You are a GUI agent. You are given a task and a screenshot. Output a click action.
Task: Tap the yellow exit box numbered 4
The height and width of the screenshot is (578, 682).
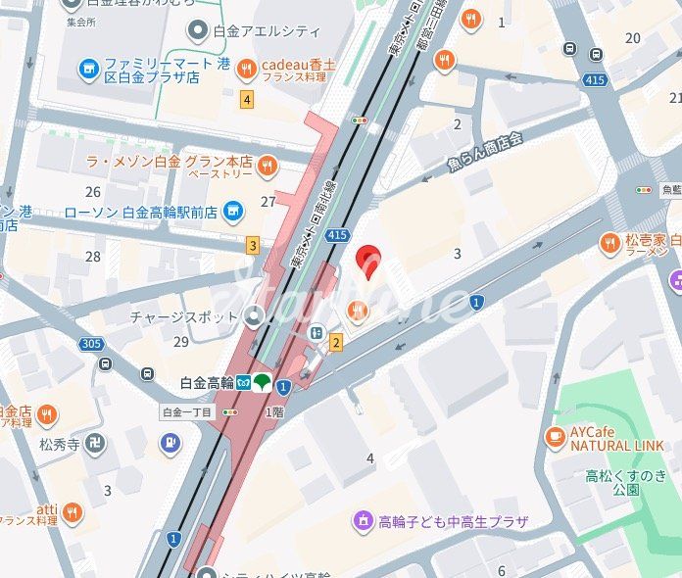[246, 98]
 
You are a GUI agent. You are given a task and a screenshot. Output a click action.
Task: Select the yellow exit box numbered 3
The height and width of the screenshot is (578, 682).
[253, 245]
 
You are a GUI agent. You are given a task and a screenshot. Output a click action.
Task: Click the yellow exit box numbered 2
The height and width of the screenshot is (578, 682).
[336, 341]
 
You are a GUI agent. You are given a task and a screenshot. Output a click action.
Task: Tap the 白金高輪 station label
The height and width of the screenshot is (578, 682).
[207, 382]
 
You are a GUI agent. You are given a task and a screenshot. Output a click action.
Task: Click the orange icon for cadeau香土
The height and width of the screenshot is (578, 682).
[245, 68]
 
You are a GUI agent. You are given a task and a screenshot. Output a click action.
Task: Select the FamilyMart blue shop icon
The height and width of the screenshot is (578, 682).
[89, 68]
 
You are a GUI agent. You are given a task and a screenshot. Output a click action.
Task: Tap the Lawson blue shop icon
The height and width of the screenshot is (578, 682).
[232, 210]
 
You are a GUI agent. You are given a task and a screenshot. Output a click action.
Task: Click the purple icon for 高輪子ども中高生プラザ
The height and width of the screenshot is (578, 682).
[364, 520]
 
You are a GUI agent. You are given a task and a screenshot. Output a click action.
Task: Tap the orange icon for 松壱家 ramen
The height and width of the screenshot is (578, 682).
[610, 242]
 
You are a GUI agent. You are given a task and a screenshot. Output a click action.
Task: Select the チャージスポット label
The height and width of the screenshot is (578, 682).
[183, 316]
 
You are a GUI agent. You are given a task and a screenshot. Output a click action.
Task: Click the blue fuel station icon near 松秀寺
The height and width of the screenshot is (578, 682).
[170, 442]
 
